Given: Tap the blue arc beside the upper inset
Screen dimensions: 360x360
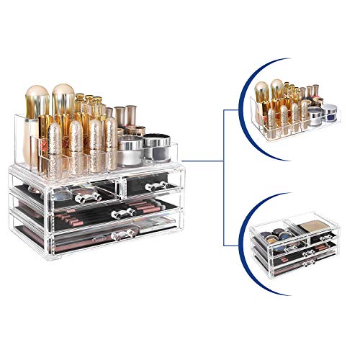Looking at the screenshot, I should click(244, 94).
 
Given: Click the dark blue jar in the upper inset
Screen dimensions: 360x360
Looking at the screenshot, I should click(329, 112).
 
